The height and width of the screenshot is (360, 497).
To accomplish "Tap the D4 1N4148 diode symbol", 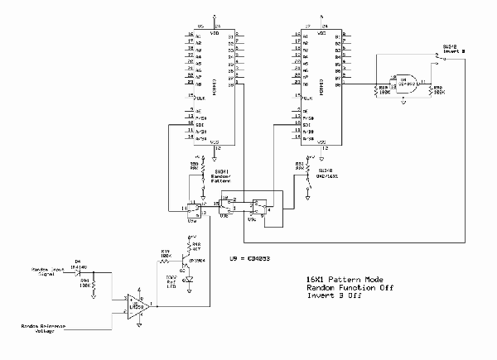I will [x=79, y=271].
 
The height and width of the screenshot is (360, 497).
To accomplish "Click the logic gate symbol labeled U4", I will [x=408, y=81].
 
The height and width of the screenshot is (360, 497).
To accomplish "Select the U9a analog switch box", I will [x=195, y=208].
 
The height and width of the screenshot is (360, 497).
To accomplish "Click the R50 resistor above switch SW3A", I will [x=196, y=167].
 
